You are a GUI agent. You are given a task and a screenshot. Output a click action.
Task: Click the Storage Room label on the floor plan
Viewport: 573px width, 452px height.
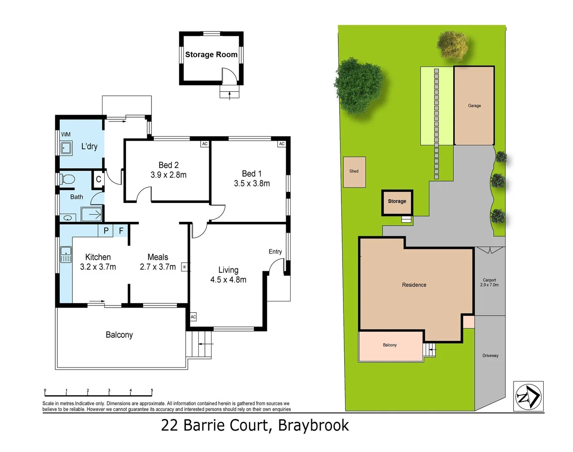click(211, 54)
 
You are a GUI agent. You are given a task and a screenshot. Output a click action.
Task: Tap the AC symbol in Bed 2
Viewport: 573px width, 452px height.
click(205, 144)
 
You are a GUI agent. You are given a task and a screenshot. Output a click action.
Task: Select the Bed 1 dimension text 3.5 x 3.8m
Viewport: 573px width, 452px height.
click(252, 183)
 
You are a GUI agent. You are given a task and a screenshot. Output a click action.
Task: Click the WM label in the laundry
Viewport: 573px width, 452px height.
click(66, 134)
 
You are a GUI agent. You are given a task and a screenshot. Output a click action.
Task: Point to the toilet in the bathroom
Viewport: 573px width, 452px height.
click(67, 180)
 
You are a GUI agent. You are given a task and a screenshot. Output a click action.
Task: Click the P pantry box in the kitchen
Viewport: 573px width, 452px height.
click(106, 231)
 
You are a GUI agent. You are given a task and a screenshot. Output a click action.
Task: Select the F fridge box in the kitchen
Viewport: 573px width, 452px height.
click(121, 231)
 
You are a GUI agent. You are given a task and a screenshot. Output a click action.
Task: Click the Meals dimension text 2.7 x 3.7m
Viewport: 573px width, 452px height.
click(158, 267)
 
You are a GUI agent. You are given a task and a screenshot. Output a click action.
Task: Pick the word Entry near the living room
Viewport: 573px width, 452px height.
click(275, 252)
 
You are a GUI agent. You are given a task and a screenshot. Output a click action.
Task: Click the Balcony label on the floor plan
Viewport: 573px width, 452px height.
click(119, 335)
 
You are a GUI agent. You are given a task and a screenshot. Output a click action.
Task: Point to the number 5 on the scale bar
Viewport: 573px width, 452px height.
click(152, 390)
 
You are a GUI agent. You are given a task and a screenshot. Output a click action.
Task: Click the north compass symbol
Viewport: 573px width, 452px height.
click(528, 396)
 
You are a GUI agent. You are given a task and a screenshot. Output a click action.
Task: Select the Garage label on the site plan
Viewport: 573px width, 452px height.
click(474, 106)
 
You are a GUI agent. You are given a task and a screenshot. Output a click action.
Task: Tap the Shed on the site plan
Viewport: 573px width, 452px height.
click(354, 172)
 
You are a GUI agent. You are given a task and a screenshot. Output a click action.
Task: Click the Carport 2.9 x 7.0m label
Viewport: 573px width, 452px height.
click(489, 282)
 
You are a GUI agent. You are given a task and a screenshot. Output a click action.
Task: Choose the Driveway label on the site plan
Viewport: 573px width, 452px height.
click(490, 356)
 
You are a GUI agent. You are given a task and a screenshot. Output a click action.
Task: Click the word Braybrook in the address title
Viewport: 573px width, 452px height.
click(313, 425)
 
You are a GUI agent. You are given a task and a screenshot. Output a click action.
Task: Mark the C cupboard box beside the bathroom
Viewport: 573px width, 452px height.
click(98, 179)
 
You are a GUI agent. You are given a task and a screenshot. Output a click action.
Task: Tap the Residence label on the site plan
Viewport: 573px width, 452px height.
click(414, 285)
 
